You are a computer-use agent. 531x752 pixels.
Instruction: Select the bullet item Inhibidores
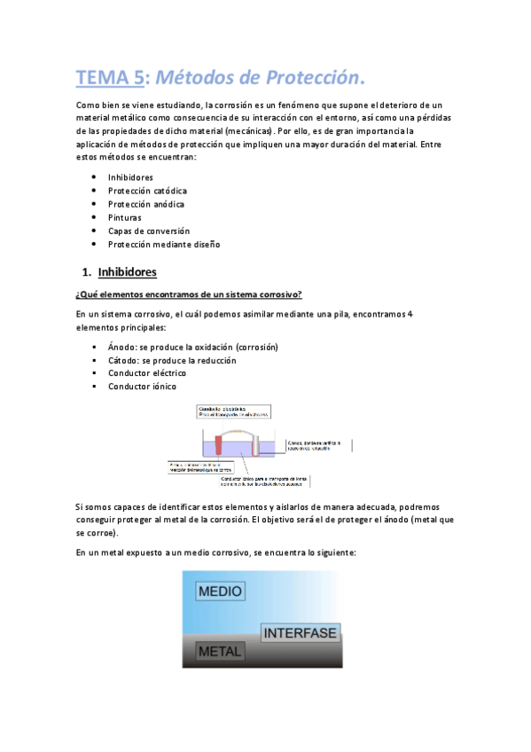click(130, 177)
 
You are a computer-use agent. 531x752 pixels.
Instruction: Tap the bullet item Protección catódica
click(147, 191)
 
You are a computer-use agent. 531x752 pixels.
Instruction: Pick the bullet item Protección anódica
click(146, 204)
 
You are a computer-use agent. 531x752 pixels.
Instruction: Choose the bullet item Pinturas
click(125, 217)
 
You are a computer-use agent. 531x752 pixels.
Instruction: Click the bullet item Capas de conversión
click(149, 231)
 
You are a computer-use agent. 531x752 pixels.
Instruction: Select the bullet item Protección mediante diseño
click(164, 244)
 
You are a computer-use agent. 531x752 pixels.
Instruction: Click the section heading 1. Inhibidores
click(119, 272)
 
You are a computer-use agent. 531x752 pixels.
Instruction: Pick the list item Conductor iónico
click(142, 387)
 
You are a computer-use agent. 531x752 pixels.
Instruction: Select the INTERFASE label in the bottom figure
click(300, 633)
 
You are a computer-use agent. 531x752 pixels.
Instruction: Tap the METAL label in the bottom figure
click(220, 652)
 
